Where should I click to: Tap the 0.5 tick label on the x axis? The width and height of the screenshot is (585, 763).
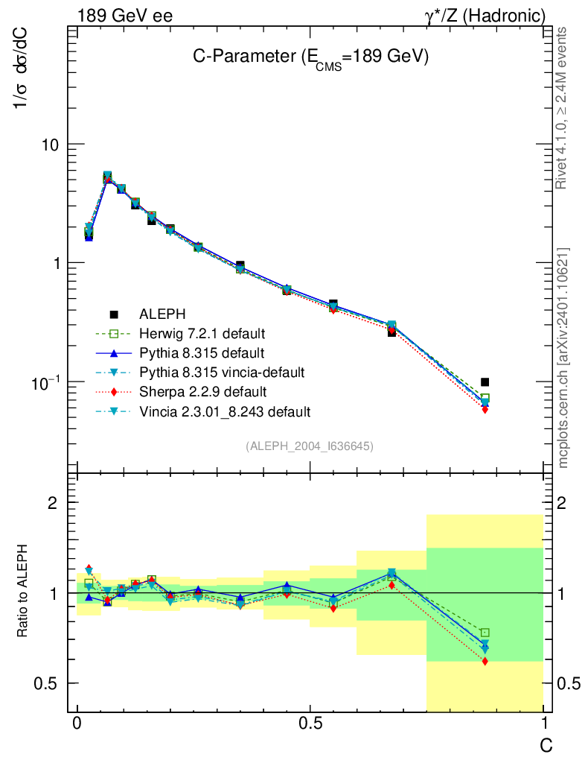coord(310,725)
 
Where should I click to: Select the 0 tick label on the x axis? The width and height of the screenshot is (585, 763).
coord(77,725)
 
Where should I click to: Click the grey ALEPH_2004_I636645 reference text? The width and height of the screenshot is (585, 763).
coord(309,446)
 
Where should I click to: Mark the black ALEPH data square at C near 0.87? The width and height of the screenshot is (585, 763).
coord(485,382)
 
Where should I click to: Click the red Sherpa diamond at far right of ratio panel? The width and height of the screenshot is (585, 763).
coord(485,661)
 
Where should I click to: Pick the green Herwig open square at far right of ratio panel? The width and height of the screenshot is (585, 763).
coord(485,633)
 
